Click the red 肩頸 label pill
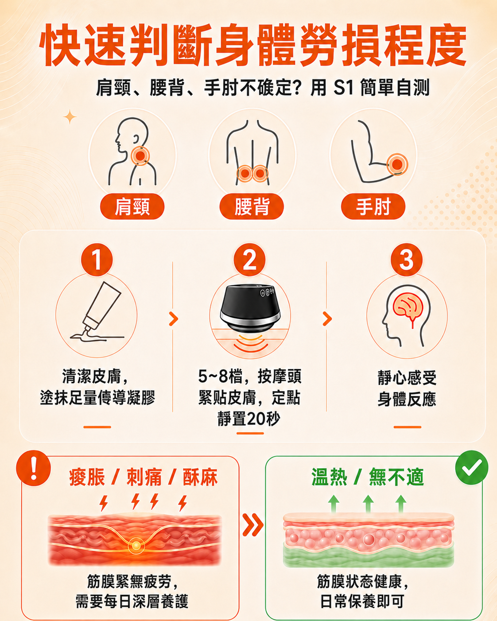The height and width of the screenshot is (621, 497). [x=132, y=206]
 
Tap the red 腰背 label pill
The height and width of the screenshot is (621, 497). [x=252, y=206]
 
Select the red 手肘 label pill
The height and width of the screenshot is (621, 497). [x=373, y=206]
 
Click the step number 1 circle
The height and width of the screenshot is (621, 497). [x=97, y=260]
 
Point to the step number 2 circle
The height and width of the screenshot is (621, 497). [x=249, y=260]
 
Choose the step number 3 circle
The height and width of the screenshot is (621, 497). [x=407, y=260]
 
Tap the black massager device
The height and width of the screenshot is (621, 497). [x=250, y=308]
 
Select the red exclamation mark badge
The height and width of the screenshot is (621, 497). [x=34, y=468]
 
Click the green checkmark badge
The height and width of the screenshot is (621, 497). [x=472, y=467]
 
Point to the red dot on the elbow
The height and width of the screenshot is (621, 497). [x=397, y=164]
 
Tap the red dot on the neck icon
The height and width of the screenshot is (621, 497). [x=140, y=156]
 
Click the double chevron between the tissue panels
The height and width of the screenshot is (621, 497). [x=253, y=524]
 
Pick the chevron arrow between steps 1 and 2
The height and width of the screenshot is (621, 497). [x=174, y=319]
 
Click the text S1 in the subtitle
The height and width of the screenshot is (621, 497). [x=343, y=87]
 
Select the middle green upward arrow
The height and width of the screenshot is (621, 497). [x=368, y=504]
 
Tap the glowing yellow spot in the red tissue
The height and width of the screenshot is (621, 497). [x=136, y=545]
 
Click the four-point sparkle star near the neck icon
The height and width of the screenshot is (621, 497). [x=70, y=117]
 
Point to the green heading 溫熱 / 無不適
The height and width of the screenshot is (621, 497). [x=368, y=477]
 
